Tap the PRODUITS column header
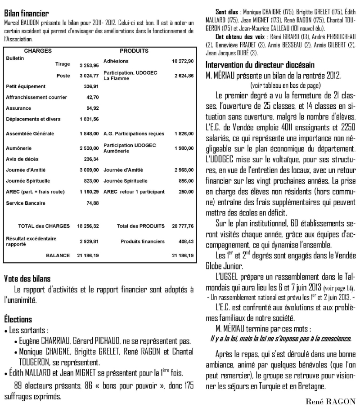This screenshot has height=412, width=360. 131,51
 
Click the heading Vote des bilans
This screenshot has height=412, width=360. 27,278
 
